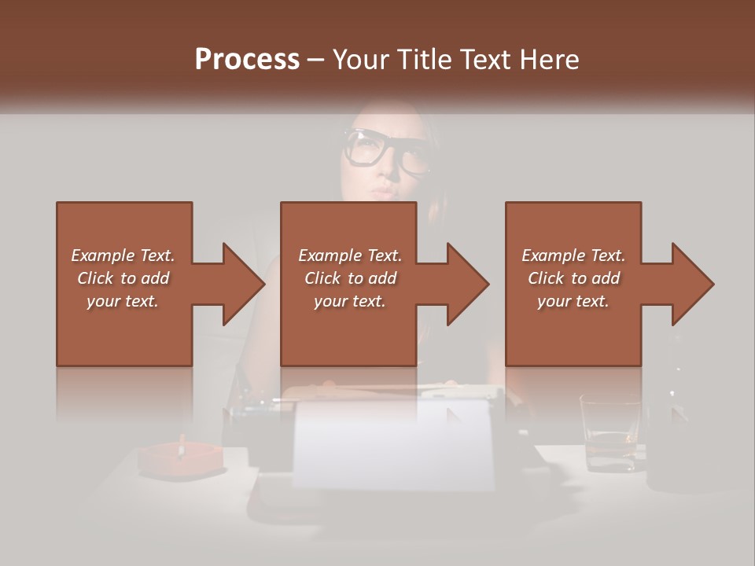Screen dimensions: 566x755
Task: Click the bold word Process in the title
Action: pyautogui.click(x=247, y=60)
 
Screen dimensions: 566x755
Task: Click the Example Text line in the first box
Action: pyautogui.click(x=123, y=255)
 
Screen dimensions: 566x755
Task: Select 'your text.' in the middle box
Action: pyautogui.click(x=349, y=301)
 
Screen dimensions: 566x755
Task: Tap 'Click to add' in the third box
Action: pyautogui.click(x=573, y=278)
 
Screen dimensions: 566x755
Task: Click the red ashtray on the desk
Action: pyautogui.click(x=179, y=459)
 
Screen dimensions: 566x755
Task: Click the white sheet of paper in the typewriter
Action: pyautogui.click(x=393, y=444)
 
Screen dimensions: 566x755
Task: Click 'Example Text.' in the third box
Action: pyautogui.click(x=573, y=255)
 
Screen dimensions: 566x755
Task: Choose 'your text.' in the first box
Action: pyautogui.click(x=123, y=301)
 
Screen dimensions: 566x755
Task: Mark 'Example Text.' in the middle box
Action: pyautogui.click(x=349, y=255)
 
